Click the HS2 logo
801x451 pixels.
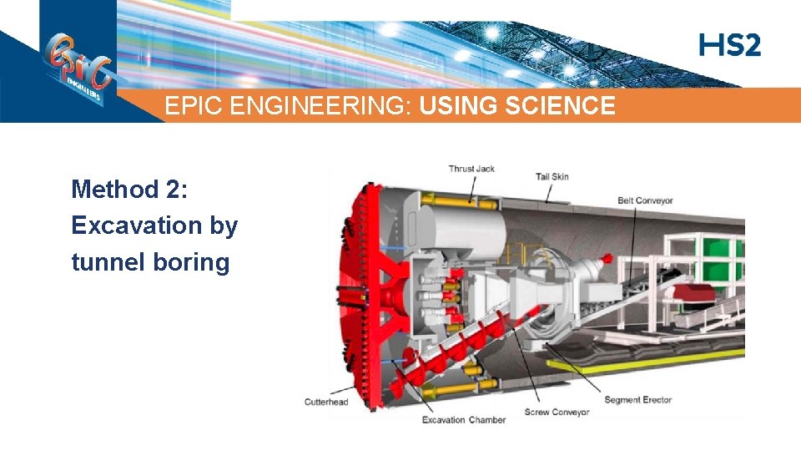(x=730, y=45)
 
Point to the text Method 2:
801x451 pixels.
(x=130, y=189)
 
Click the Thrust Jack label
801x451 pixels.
(x=471, y=169)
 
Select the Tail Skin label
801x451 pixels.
(x=552, y=176)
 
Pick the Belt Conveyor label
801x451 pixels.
(x=645, y=200)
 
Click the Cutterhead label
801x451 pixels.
(x=326, y=403)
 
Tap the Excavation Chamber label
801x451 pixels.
(x=464, y=419)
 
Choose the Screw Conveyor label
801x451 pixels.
(x=557, y=412)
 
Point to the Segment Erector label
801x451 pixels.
(x=637, y=400)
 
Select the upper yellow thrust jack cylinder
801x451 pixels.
(x=455, y=201)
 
